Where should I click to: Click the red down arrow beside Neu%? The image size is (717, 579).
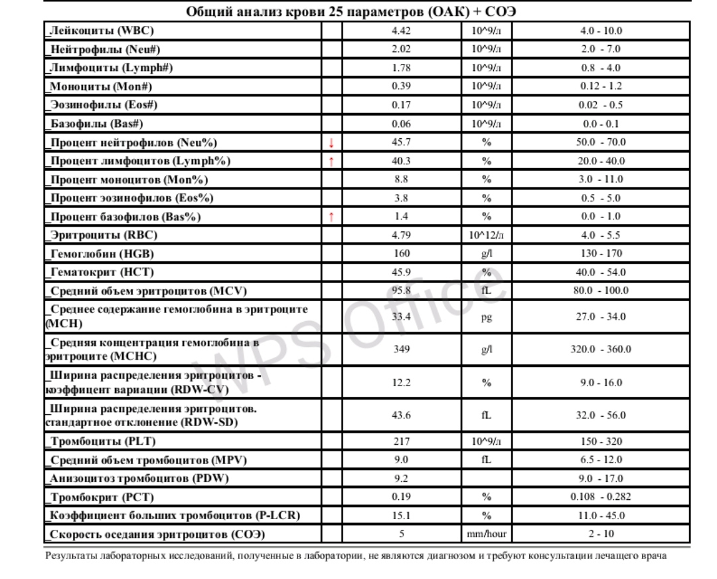(331, 142)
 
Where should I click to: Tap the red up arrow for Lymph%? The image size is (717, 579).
(331, 161)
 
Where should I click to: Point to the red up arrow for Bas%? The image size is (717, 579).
(331, 217)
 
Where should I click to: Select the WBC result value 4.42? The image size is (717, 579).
(402, 31)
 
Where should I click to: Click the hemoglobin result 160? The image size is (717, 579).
(402, 253)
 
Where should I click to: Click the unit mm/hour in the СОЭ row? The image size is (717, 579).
(486, 534)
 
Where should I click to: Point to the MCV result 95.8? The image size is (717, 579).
(402, 290)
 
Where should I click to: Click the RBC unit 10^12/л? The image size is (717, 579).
(486, 235)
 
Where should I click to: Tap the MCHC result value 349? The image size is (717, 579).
(402, 349)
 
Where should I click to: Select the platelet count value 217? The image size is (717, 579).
(402, 441)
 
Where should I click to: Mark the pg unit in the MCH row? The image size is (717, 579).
(486, 317)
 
